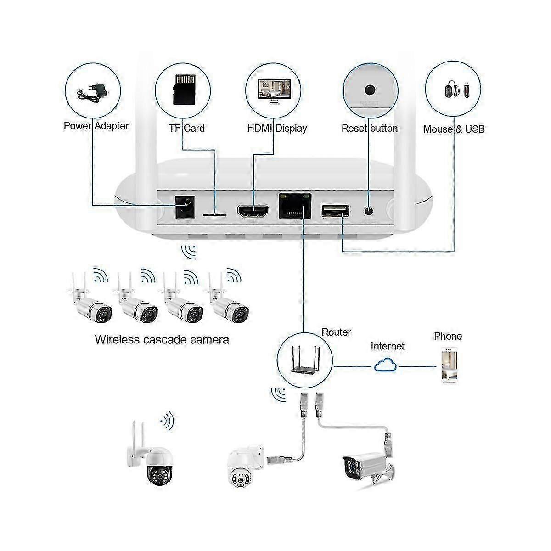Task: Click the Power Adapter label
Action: (x=96, y=125)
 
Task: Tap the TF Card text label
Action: (x=186, y=128)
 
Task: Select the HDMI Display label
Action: (x=277, y=128)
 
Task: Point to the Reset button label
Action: (x=369, y=128)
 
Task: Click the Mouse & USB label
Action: (x=454, y=129)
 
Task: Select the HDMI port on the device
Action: (x=253, y=211)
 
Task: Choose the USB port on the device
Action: (x=335, y=210)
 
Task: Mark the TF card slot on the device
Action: (x=214, y=214)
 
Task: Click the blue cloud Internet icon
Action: (x=385, y=365)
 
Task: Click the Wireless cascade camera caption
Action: (x=162, y=340)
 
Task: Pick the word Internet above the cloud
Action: (x=388, y=346)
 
